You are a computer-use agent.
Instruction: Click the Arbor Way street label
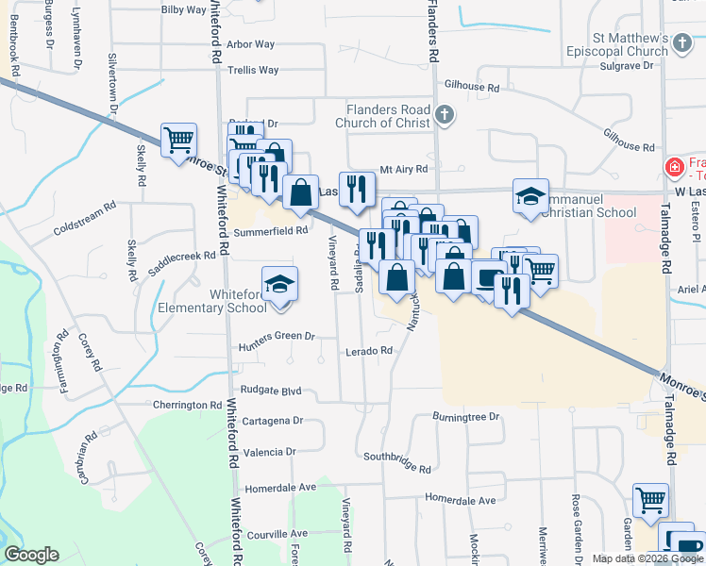pyautogui.click(x=250, y=44)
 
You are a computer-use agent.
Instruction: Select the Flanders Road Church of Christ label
pyautogui.click(x=387, y=116)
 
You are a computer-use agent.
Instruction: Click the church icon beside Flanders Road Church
pyautogui.click(x=445, y=116)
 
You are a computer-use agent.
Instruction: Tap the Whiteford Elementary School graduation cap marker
pyautogui.click(x=279, y=287)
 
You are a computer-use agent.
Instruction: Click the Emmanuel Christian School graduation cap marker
pyautogui.click(x=530, y=196)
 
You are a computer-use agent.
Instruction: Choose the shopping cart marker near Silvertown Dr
pyautogui.click(x=178, y=141)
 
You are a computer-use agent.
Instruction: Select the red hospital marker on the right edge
pyautogui.click(x=674, y=169)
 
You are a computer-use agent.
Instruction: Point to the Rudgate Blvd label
pyautogui.click(x=271, y=391)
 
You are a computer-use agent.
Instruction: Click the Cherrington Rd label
pyautogui.click(x=188, y=405)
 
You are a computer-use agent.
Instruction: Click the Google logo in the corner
pyautogui.click(x=31, y=555)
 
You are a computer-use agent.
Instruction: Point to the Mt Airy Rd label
pyautogui.click(x=404, y=170)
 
